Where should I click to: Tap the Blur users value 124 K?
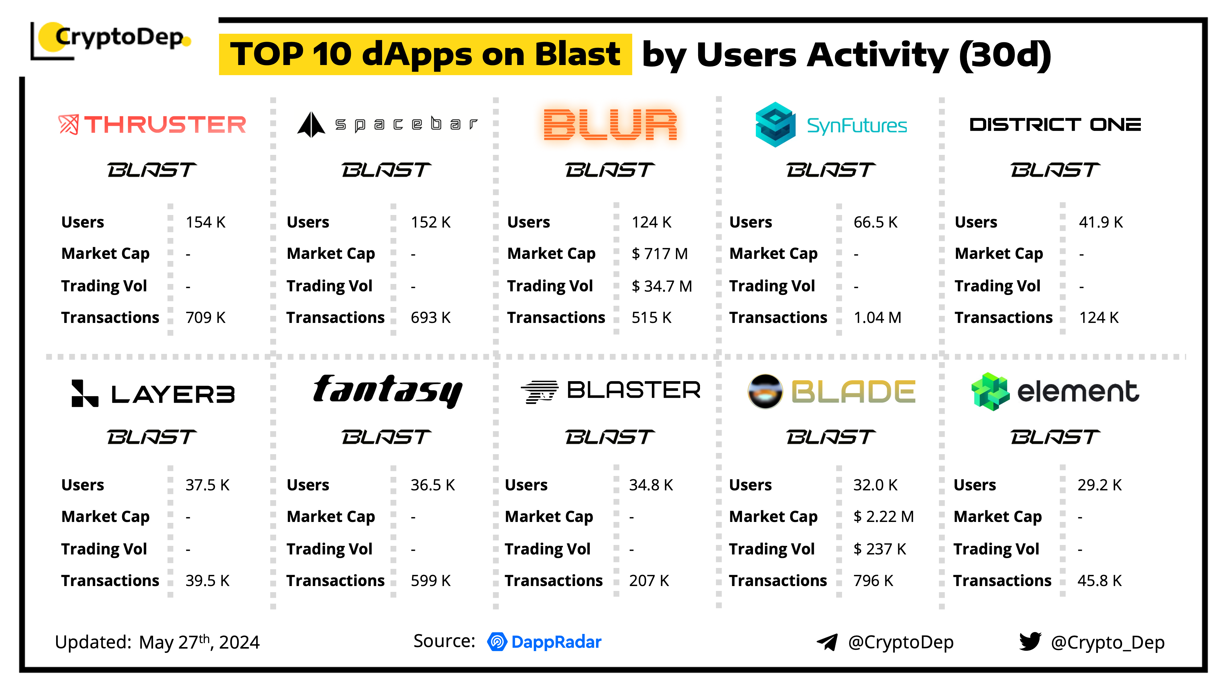[651, 222]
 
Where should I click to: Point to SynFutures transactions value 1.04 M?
[877, 318]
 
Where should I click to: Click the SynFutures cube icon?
[775, 125]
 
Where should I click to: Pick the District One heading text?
[1055, 125]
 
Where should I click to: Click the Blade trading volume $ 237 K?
[879, 549]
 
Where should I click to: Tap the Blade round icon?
[765, 391]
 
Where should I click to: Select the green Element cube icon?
[990, 391]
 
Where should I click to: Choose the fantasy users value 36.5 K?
[433, 485]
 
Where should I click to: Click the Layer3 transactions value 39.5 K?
[207, 581]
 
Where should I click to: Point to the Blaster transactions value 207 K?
[649, 581]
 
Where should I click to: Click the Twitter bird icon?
[1030, 642]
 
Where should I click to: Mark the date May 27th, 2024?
[199, 642]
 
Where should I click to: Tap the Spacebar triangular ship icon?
[311, 125]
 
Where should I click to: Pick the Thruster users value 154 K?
[205, 222]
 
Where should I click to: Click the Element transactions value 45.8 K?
[1099, 581]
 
